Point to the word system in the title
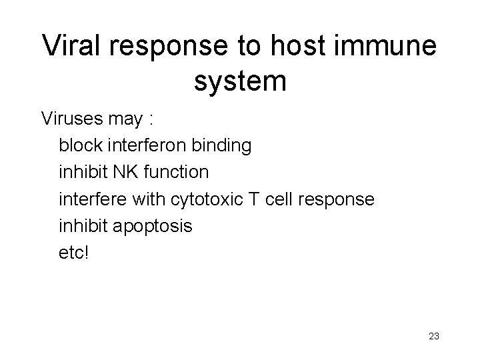[240, 81]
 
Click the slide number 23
[433, 337]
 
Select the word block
[78, 145]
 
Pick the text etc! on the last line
[73, 253]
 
